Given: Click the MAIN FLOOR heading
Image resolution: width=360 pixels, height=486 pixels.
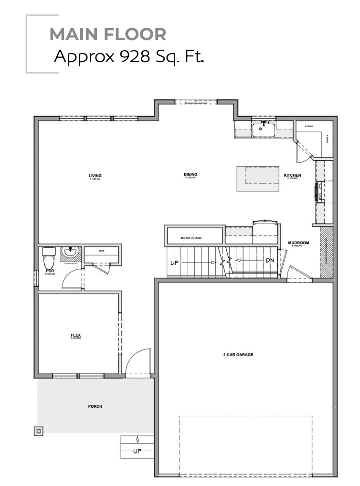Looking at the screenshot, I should (108, 34).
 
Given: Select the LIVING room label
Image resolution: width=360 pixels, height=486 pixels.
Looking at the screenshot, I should (95, 176).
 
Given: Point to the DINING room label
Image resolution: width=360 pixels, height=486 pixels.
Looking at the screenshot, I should (191, 175).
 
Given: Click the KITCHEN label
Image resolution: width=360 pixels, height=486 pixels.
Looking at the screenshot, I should (293, 176).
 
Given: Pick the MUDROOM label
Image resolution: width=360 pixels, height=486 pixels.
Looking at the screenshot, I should (298, 243).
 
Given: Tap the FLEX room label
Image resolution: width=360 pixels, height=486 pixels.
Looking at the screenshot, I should (75, 336).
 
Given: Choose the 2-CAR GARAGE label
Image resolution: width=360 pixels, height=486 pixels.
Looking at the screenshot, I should (238, 355).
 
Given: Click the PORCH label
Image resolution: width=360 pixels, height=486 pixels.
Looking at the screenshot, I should (95, 406).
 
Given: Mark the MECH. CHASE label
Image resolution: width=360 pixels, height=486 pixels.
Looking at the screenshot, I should (191, 237).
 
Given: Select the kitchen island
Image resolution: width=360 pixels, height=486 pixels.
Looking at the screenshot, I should (258, 179).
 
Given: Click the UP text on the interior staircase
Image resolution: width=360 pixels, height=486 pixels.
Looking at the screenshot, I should (175, 262).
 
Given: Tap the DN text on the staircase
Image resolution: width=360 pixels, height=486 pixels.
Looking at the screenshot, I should (270, 261).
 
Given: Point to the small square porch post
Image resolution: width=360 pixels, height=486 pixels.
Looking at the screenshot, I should (39, 431).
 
